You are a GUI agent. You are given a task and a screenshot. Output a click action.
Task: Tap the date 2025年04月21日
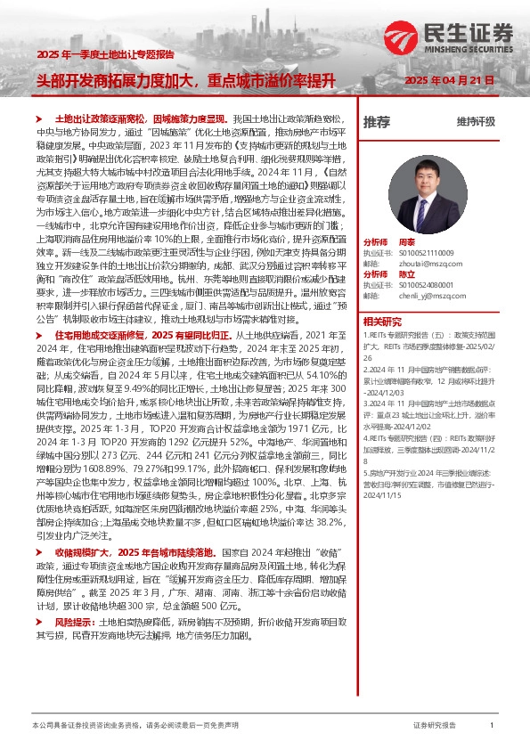coord(450,79)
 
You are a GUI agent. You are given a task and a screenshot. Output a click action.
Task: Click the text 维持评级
coord(476,122)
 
